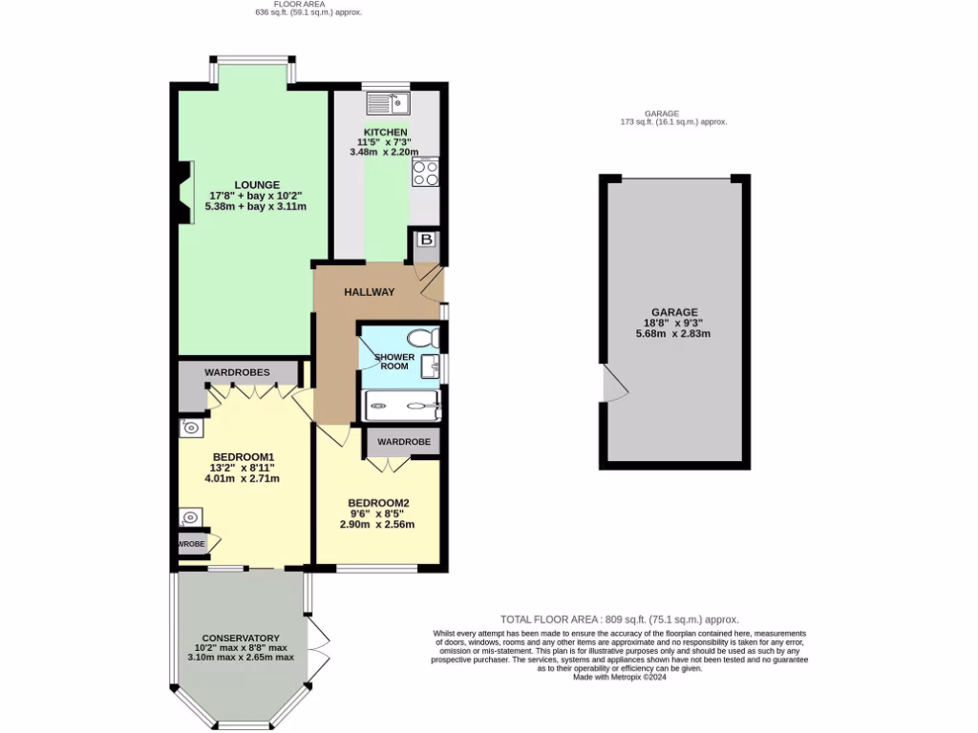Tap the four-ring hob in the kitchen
tap(425, 171)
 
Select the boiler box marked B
tap(426, 241)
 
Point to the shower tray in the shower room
tap(401, 406)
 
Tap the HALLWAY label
tap(370, 292)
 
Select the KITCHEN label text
tap(386, 132)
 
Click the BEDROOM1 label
tap(243, 456)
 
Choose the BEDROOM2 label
tap(378, 503)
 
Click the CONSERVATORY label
tap(241, 638)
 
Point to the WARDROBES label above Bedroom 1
tap(237, 372)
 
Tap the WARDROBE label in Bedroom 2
tap(404, 442)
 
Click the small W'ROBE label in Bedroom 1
tap(191, 544)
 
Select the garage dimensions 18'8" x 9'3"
tap(673, 323)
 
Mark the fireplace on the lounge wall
tap(184, 192)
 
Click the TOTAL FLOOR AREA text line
tap(619, 618)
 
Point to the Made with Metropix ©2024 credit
tap(619, 677)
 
